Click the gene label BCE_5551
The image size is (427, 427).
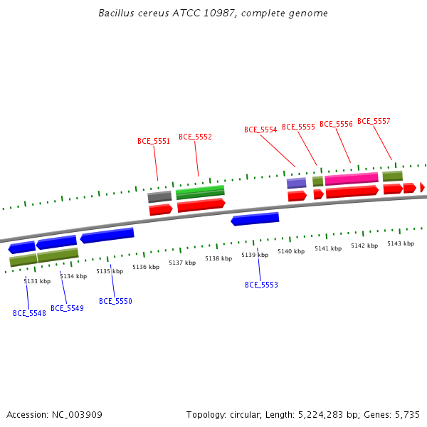coord(154,141)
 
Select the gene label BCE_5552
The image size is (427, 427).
coord(195,137)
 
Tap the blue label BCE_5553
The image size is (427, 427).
coord(261,285)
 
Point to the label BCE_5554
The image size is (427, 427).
coord(260,130)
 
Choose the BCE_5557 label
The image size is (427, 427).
coord(374,121)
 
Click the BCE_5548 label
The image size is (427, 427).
coord(29,313)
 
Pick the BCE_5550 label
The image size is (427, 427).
coord(115,301)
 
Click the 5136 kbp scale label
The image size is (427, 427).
coord(146,267)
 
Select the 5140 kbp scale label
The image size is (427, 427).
coord(291,251)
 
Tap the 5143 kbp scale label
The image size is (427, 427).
coord(401,243)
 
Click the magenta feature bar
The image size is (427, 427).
coord(352,179)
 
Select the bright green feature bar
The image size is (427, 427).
coord(200,192)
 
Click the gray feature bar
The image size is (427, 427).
coord(159,196)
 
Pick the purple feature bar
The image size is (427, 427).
coord(296,183)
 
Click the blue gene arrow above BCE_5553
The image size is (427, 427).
coord(255,219)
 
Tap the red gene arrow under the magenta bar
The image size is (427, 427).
coord(352,191)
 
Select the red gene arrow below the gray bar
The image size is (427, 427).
coord(161,209)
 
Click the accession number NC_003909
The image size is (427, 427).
coord(77,415)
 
